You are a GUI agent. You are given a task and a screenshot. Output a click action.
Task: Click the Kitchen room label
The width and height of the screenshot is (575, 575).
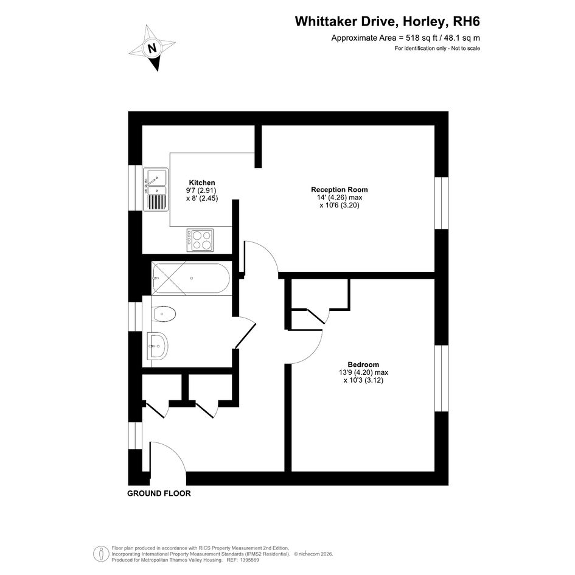[201, 183]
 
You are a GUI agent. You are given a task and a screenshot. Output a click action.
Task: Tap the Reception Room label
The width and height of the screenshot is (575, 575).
[339, 190]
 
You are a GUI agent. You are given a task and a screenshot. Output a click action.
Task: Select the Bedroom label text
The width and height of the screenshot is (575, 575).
[363, 364]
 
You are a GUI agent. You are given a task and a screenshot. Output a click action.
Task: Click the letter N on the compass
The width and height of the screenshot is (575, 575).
[152, 47]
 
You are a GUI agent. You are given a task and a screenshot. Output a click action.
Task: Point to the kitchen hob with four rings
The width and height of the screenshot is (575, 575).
[200, 240]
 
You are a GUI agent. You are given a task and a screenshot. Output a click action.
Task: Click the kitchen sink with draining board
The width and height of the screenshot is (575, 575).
[156, 190]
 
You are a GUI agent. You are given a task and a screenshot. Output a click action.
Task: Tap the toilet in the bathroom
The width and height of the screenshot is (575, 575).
[164, 314]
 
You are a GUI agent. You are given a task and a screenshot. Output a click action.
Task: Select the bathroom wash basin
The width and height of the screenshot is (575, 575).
[158, 346]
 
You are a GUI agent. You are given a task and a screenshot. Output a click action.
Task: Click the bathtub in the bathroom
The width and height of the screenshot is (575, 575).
[191, 278]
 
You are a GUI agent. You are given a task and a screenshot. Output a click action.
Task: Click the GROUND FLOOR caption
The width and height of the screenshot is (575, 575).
[159, 493]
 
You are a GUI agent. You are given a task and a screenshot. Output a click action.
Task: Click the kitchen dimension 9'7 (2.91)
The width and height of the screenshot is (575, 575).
[201, 190]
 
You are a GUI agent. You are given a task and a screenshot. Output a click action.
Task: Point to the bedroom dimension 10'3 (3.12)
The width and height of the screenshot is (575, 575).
[363, 380]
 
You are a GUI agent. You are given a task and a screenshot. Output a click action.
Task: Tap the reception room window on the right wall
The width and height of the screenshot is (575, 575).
[442, 203]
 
